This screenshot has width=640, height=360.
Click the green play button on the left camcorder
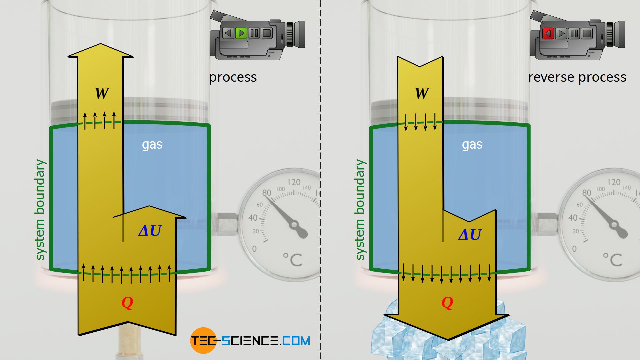click(x=241, y=33)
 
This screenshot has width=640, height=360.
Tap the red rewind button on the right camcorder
click(x=548, y=33)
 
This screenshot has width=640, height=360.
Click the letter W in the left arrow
click(x=102, y=93)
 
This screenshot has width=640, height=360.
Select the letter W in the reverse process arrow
click(x=422, y=93)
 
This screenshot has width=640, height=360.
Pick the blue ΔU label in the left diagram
click(x=150, y=231)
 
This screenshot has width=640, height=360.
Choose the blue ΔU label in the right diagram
click(x=470, y=235)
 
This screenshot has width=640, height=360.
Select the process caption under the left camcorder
click(x=233, y=77)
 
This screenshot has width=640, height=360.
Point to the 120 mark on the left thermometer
click(x=294, y=182)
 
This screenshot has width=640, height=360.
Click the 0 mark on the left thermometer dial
click(x=254, y=249)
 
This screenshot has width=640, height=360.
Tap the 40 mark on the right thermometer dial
click(x=573, y=218)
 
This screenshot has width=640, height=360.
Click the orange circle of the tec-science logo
click(x=203, y=340)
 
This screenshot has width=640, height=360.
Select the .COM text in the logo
click(x=295, y=341)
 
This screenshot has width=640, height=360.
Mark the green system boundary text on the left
click(x=40, y=210)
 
